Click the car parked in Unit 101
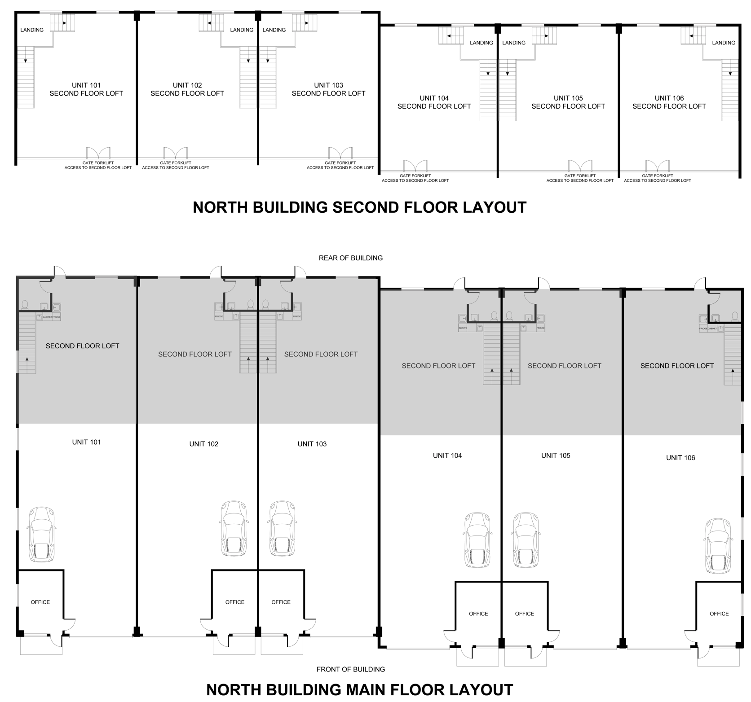42,534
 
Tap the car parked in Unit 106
718,546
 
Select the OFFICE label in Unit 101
40,602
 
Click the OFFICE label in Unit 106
719,614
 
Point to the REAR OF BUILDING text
351,258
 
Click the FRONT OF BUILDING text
351,669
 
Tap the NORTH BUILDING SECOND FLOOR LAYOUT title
359,207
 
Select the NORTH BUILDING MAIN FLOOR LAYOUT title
359,689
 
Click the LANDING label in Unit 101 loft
32,30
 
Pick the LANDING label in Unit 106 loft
724,43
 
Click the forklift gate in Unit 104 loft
415,166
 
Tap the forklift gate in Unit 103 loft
340,153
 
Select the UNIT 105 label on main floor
556,456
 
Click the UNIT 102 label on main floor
204,444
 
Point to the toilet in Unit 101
25,305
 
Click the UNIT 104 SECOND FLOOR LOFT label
434,102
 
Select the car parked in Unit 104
476,540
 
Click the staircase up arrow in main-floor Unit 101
27,359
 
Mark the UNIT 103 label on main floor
312,444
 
